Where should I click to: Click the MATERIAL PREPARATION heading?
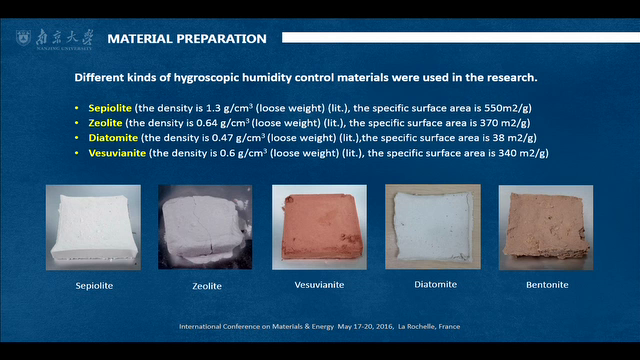(186, 39)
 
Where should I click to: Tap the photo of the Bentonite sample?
(546, 227)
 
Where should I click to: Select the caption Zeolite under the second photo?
(206, 286)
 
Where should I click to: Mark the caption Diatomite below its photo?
(434, 284)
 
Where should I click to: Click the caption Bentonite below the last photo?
(546, 285)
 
